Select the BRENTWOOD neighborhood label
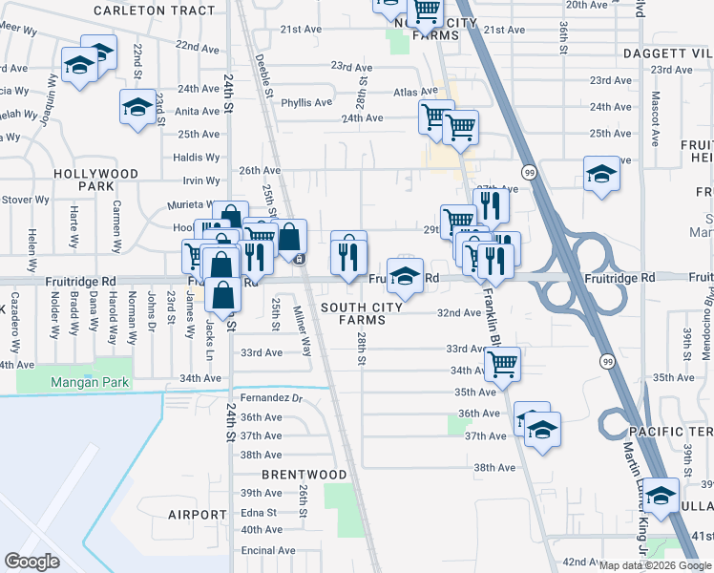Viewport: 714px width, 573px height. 305,475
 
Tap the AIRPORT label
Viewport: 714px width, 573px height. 198,515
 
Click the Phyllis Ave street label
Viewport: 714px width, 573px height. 306,102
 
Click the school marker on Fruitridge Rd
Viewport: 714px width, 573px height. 406,276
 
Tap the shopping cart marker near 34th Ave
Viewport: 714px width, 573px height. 502,363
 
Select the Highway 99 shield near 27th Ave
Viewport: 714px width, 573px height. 528,172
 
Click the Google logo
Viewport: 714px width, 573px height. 31,562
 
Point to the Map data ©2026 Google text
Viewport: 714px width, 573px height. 655,565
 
